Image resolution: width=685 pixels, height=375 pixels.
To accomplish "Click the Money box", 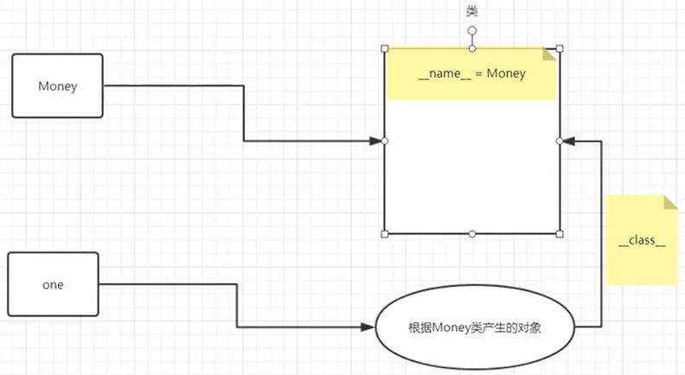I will [x=57, y=86].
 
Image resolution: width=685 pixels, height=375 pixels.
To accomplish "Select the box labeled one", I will [x=53, y=284].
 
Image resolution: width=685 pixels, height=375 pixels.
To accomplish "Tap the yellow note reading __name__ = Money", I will [x=472, y=73].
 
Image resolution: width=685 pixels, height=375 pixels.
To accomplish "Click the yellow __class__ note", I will [x=642, y=240].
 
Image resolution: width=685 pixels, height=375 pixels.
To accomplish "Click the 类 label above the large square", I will [x=472, y=10].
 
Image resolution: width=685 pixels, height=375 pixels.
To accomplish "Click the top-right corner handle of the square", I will [x=560, y=48].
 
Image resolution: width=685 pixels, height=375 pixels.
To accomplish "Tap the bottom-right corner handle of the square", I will [x=560, y=233].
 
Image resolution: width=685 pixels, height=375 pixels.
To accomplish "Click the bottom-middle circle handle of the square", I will [x=472, y=233].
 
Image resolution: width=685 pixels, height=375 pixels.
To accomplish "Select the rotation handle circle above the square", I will [x=472, y=30].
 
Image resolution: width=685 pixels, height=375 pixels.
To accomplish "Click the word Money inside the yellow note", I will [x=506, y=73].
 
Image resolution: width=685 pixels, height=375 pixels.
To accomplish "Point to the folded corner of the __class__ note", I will [x=670, y=201].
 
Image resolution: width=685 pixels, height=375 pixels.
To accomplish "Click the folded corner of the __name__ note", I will [x=550, y=54].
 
